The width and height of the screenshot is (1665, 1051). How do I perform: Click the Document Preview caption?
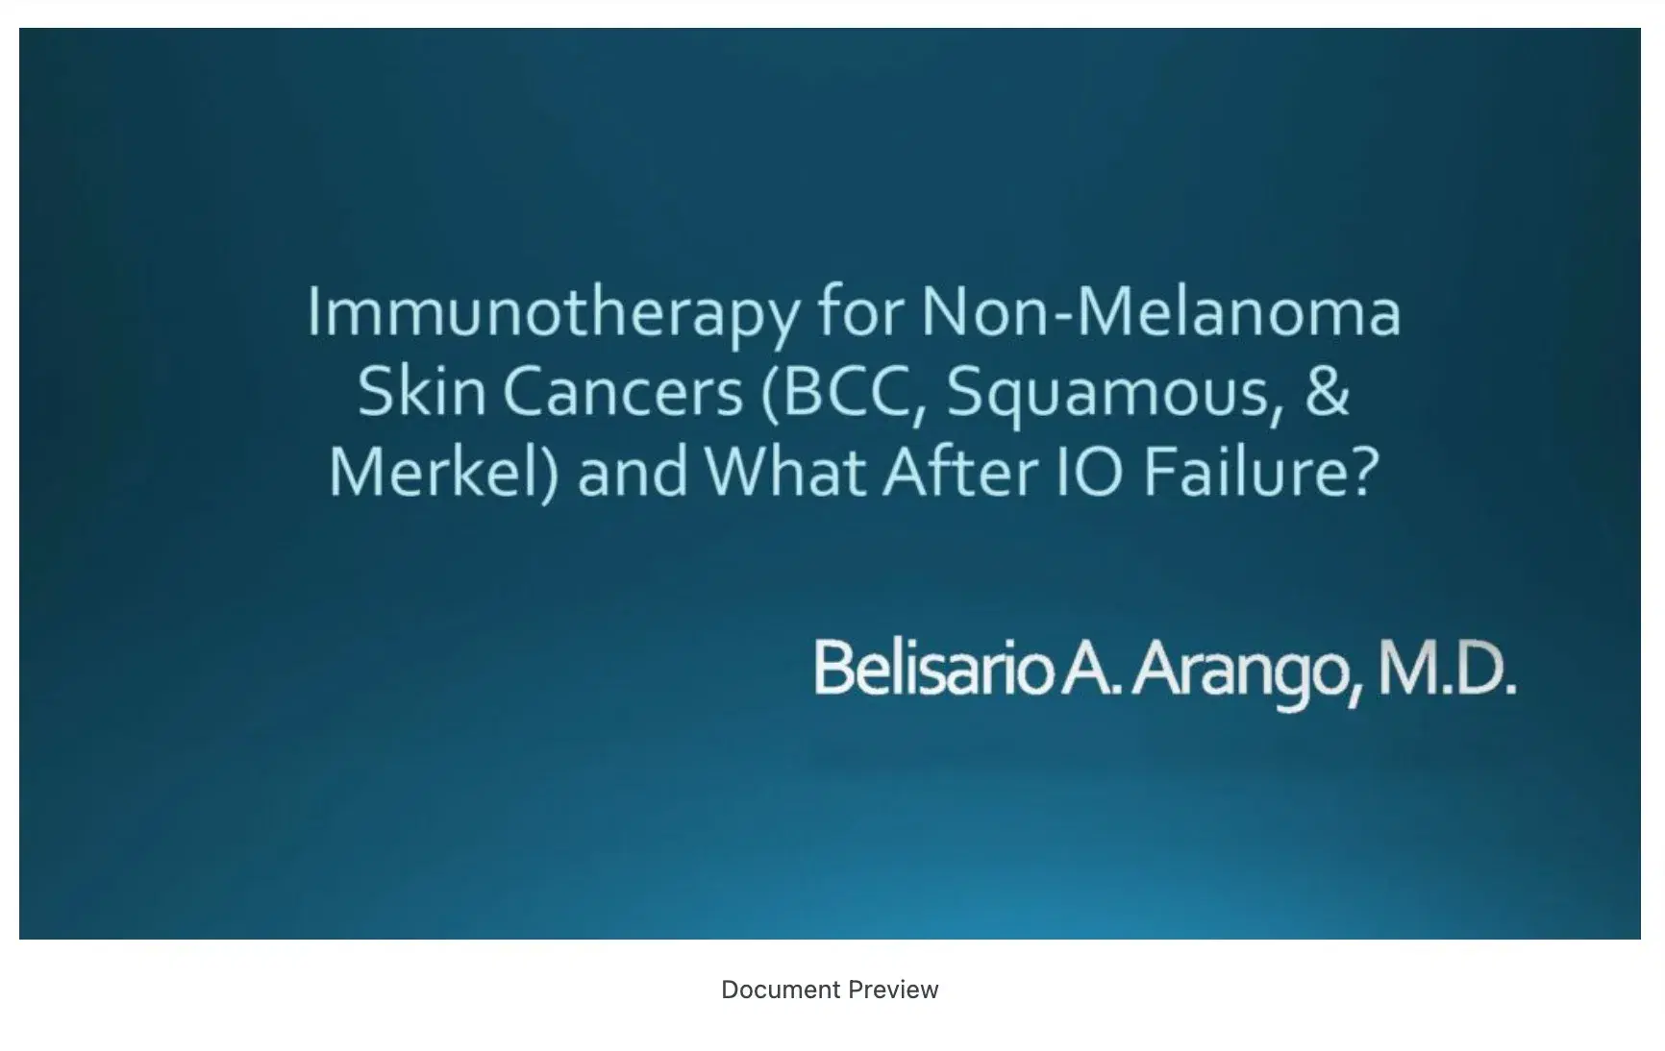tap(830, 990)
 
